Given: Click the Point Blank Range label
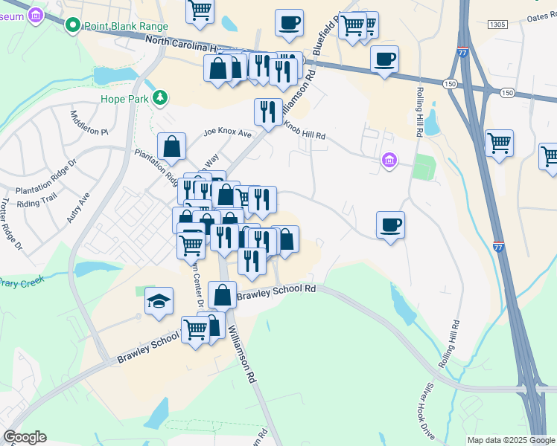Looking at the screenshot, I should [127, 26].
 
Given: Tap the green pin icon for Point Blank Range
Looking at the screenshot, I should [73, 27].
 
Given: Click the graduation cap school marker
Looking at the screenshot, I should [159, 301].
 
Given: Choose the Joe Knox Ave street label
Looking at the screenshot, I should [228, 134].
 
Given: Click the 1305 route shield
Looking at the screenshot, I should [498, 25].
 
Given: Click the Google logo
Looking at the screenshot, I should [25, 437].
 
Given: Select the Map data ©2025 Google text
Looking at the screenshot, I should [511, 440].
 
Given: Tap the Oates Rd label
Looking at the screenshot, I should [541, 17].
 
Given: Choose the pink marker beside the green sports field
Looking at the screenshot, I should [388, 160].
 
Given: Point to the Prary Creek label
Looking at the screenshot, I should [22, 281].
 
